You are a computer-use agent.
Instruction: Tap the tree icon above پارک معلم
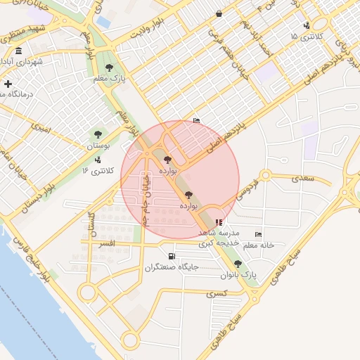tap(109, 67)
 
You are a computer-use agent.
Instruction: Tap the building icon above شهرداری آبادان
tap(18, 51)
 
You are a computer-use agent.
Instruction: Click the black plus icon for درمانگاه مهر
tap(8, 84)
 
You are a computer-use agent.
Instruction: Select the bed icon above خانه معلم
tap(258, 235)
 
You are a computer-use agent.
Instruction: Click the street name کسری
tap(216, 293)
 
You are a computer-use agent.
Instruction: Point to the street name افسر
tap(107, 243)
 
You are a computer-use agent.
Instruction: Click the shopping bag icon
tap(219, 13)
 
